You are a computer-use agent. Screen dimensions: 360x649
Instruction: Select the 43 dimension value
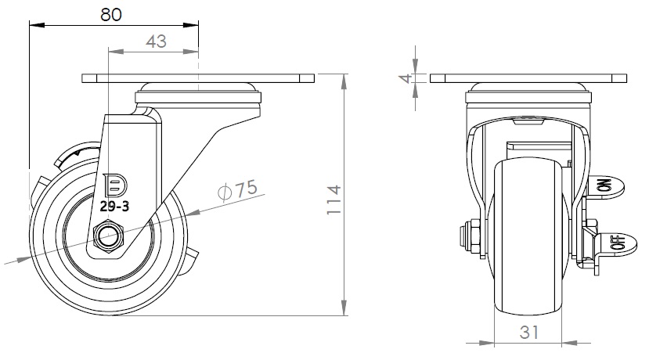point(156,41)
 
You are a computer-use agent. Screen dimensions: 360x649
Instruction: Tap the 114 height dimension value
point(334,200)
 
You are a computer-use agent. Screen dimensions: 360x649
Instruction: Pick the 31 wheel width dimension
point(530,332)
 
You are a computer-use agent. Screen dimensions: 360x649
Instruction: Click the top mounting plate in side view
point(197,79)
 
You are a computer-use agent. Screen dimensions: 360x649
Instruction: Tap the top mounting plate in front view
point(528,79)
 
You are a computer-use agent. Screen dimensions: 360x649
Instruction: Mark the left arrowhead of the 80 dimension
point(32,25)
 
